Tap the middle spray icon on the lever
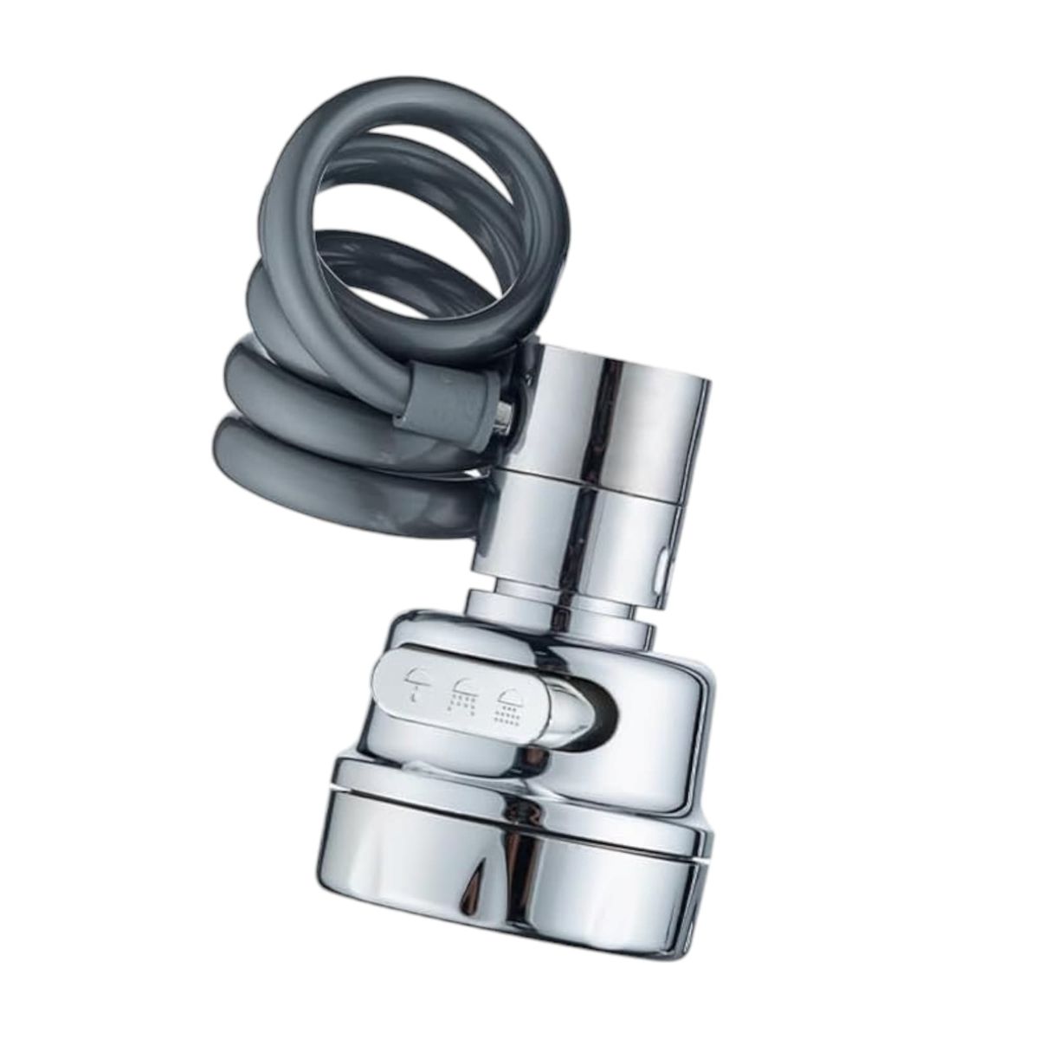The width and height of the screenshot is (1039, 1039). pyautogui.click(x=461, y=696)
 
